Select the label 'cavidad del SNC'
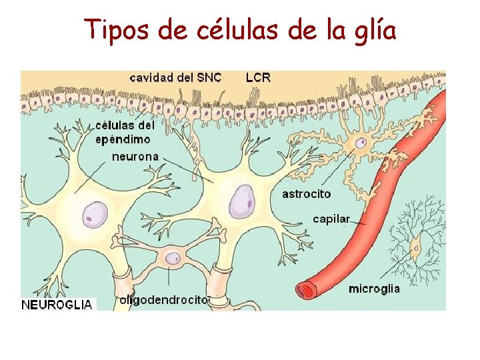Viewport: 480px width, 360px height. click(175, 77)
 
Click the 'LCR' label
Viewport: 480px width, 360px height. click(258, 77)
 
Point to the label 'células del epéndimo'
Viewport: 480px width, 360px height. click(125, 132)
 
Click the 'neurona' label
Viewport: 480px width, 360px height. click(135, 157)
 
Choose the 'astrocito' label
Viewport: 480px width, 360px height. click(306, 194)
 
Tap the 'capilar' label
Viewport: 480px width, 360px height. click(331, 219)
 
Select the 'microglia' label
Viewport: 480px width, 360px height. click(374, 289)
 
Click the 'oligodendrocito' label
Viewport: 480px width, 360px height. click(164, 300)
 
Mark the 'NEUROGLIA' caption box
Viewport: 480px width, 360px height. click(57, 305)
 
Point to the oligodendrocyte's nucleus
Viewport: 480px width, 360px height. click(173, 258)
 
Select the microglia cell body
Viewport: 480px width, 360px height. click(416, 247)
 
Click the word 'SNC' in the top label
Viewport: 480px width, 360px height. click(209, 77)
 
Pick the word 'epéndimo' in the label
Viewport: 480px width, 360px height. click(123, 139)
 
